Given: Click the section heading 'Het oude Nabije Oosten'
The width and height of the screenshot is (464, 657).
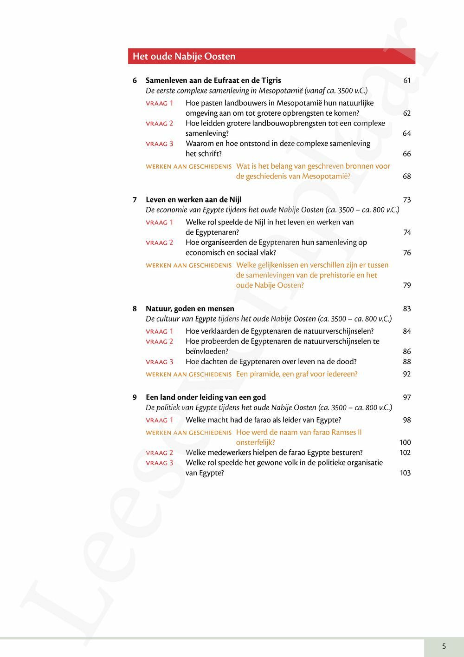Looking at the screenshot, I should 184,57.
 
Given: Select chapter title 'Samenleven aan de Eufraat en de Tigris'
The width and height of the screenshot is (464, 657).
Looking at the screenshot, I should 213,80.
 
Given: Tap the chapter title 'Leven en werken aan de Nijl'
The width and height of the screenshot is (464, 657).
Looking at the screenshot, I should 193,200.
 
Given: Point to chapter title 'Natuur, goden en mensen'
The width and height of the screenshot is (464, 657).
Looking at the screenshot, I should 190,309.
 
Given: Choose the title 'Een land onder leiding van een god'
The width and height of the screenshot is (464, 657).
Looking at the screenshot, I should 206,397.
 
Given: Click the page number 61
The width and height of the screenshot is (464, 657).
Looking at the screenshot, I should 407,80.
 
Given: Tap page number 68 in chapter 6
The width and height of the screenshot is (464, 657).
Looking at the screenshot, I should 407,177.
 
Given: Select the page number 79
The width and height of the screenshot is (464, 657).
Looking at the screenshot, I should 407,285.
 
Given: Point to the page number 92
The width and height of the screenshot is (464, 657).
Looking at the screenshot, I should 407,374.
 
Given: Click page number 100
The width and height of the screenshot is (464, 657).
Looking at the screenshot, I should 405,442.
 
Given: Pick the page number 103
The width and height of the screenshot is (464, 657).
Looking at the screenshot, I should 405,473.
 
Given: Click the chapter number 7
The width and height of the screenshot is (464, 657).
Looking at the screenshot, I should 135,200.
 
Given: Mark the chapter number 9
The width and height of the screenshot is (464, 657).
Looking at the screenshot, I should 135,397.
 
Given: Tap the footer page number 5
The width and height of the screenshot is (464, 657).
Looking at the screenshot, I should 444,646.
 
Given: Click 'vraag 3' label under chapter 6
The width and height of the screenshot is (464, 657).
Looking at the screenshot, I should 160,144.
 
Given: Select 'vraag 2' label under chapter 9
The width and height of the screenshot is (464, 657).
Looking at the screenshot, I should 160,453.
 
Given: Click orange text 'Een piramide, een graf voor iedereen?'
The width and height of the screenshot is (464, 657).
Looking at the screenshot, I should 297,374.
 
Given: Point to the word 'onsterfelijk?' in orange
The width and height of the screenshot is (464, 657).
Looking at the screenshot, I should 256,442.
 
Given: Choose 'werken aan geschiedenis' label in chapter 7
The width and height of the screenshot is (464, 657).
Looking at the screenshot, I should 188,265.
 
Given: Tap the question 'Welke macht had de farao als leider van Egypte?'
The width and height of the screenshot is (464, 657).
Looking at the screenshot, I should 263,420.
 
